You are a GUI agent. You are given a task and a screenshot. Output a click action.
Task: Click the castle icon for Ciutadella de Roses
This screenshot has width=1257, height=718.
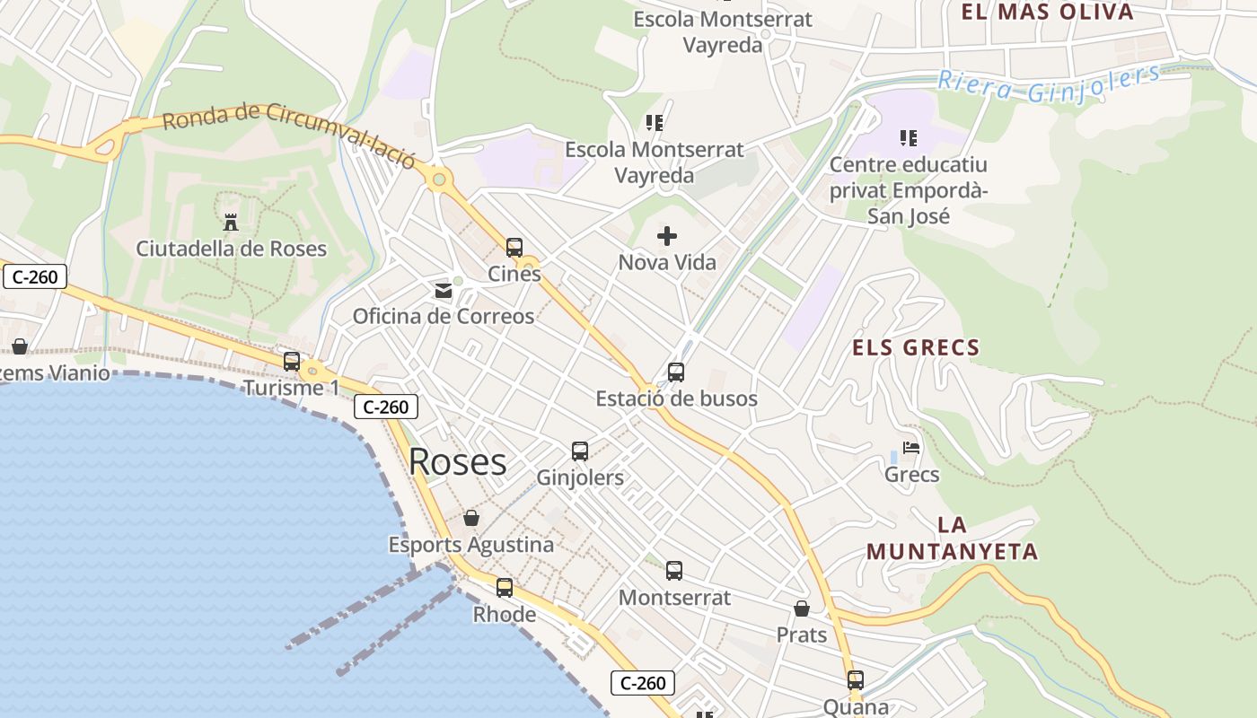pyautogui.click(x=231, y=222)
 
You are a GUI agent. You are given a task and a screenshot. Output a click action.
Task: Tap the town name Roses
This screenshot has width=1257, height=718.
pyautogui.click(x=457, y=462)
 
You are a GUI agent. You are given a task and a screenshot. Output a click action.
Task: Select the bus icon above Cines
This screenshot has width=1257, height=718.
pyautogui.click(x=514, y=247)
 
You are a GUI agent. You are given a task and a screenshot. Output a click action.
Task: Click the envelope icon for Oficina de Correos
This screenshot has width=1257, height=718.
pyautogui.click(x=444, y=290)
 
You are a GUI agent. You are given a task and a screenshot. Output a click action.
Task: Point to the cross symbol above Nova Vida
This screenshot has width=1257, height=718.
pyautogui.click(x=667, y=236)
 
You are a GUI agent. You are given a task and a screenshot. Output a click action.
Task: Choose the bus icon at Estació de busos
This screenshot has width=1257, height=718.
pyautogui.click(x=676, y=372)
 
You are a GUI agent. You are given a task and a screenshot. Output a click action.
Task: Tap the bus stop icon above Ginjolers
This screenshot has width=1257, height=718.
pyautogui.click(x=580, y=451)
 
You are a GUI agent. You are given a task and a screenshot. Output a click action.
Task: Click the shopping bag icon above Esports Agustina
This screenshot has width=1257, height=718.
pyautogui.click(x=471, y=518)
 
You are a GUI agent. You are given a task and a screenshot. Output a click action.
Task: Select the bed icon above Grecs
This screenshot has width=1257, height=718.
pyautogui.click(x=911, y=448)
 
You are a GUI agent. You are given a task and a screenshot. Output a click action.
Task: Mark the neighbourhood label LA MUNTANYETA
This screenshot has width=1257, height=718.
pyautogui.click(x=953, y=538)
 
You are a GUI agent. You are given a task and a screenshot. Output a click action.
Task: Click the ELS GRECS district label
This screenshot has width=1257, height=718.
pyautogui.click(x=915, y=347)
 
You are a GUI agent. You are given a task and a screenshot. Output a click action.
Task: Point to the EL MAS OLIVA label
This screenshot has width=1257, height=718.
pyautogui.click(x=1047, y=12)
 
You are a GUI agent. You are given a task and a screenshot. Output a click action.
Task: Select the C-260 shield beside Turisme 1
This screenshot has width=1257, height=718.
pyautogui.click(x=386, y=407)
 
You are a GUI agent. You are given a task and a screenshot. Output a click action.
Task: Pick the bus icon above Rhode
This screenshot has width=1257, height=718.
pyautogui.click(x=505, y=588)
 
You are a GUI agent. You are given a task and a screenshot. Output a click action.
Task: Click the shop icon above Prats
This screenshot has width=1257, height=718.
pyautogui.click(x=802, y=609)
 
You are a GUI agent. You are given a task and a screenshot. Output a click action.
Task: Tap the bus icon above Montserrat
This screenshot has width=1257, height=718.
pyautogui.click(x=674, y=570)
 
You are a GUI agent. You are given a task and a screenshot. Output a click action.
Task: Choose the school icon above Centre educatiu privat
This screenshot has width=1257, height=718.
pyautogui.click(x=909, y=138)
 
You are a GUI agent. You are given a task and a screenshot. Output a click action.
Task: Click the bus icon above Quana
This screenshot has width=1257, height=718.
pyautogui.click(x=856, y=680)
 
